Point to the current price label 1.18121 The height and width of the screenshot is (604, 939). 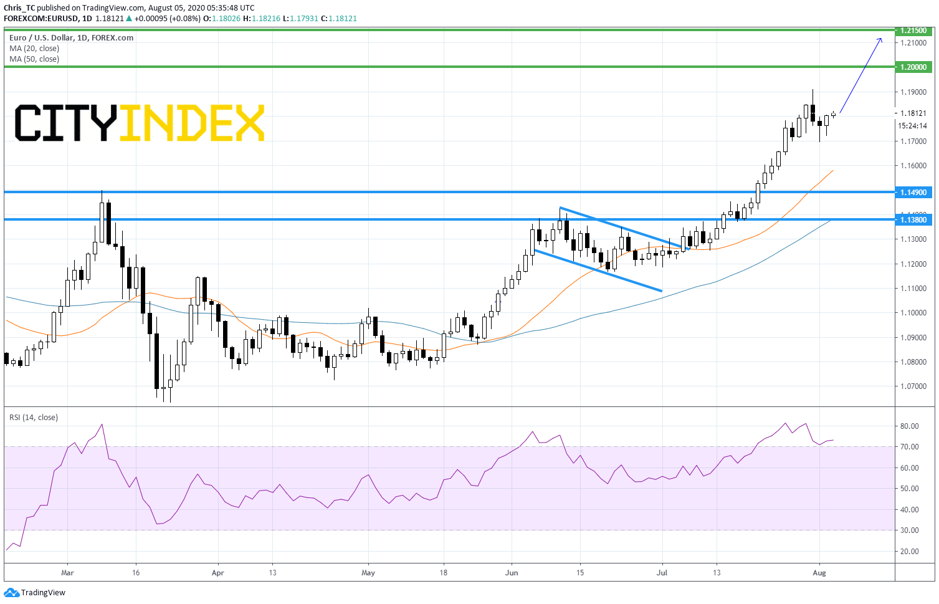click(913, 113)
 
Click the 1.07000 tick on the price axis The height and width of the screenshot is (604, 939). click(913, 386)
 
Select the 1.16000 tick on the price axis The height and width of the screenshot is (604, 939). click(913, 166)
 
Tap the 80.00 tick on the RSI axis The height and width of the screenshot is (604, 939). click(909, 426)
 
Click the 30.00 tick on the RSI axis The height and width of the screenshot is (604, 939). click(909, 530)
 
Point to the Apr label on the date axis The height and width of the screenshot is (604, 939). click(218, 573)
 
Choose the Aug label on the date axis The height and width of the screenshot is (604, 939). click(819, 573)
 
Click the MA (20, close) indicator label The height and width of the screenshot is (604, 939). click(34, 48)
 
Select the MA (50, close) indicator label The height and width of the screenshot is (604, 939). click(34, 59)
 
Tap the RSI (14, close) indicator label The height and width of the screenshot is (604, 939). click(34, 418)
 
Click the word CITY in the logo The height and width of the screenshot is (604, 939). click(65, 123)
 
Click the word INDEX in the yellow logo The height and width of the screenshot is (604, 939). click(192, 123)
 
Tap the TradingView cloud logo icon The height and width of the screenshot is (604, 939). click(11, 593)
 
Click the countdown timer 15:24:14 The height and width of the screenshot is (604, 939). click(912, 125)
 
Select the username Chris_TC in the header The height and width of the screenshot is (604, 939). click(19, 8)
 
